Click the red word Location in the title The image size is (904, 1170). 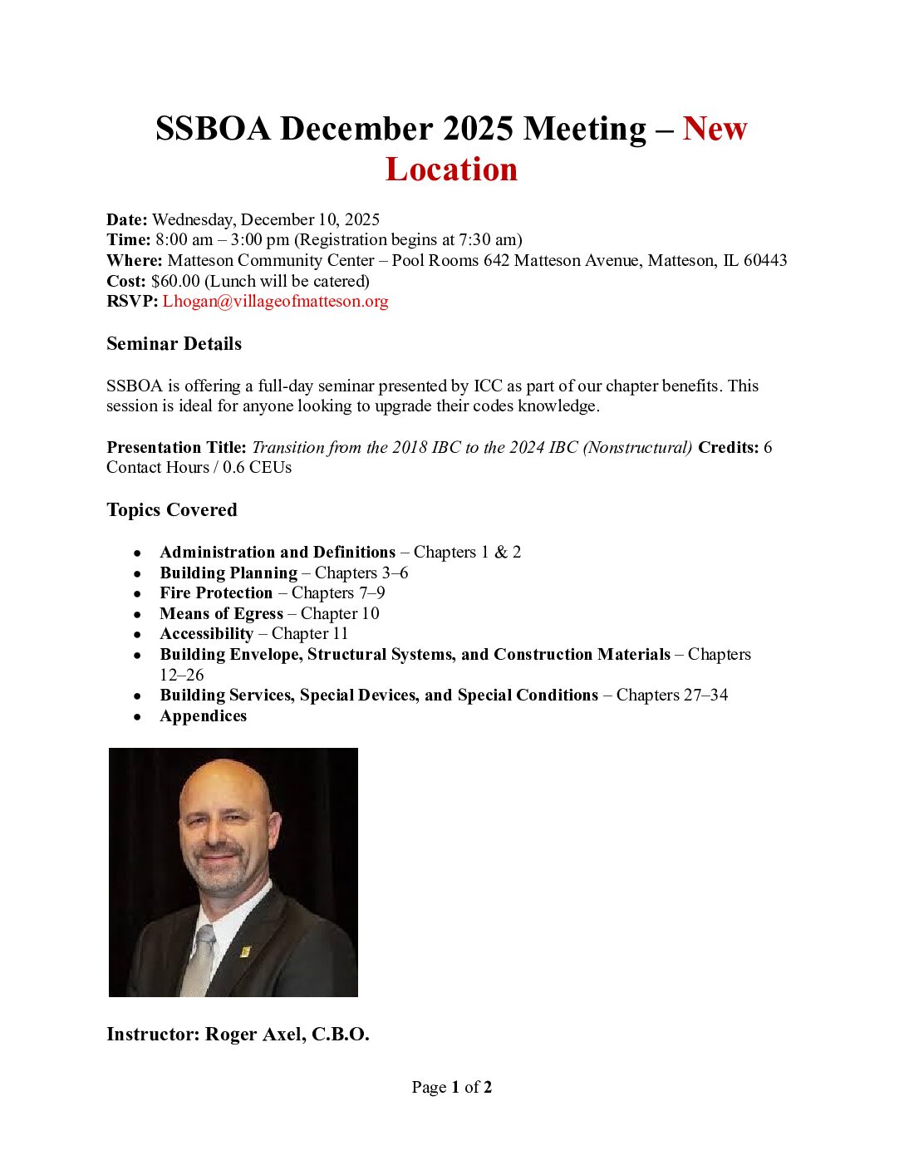(451, 170)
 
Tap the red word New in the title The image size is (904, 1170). (715, 129)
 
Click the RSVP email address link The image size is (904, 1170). (275, 301)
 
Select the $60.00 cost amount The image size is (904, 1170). (175, 281)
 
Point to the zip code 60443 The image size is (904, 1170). (765, 260)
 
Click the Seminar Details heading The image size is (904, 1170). (174, 344)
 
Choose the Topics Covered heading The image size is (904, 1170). (171, 510)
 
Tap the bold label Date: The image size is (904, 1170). (126, 219)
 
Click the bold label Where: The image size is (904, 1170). (134, 260)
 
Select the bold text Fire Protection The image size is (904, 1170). (216, 592)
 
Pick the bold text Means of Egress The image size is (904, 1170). (221, 613)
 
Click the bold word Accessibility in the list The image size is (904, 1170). (206, 633)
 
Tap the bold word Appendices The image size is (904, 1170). (203, 715)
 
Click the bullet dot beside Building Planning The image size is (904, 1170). (137, 573)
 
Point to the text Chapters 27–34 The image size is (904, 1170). (671, 695)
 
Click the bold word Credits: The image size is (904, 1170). (728, 447)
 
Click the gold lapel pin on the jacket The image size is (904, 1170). (245, 950)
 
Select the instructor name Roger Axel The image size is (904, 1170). (253, 1035)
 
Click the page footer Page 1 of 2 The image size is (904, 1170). (451, 1087)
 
